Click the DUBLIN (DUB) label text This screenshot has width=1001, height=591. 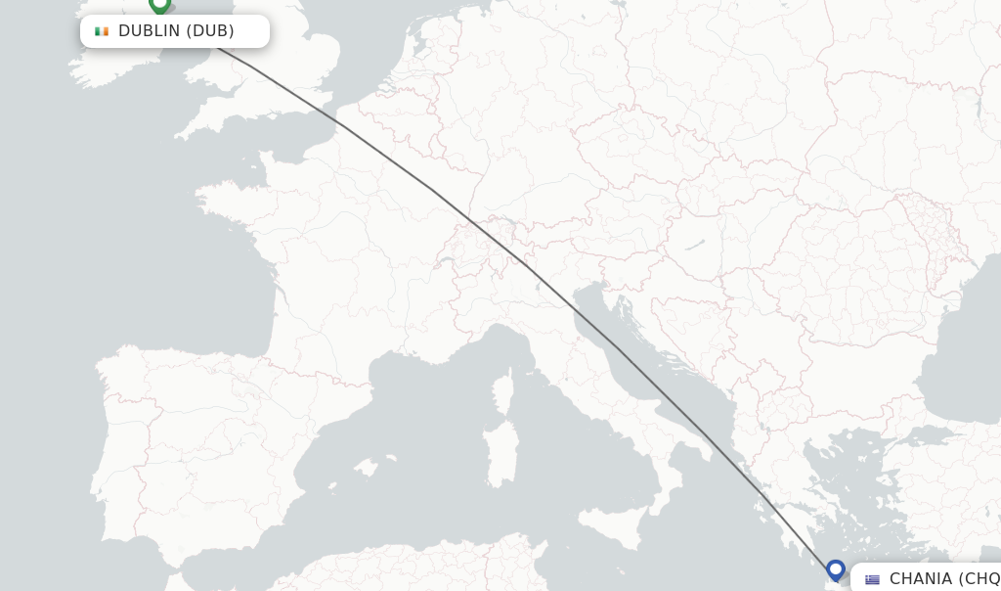(x=176, y=31)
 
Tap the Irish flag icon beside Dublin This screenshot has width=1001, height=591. (x=102, y=31)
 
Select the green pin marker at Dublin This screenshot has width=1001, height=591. (x=159, y=5)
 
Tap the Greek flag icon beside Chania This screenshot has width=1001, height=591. (x=872, y=579)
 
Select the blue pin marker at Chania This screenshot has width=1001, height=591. (x=835, y=569)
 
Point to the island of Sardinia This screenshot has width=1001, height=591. (x=501, y=452)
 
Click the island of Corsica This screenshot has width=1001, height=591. (x=502, y=391)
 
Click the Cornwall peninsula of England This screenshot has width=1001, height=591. (x=200, y=122)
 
